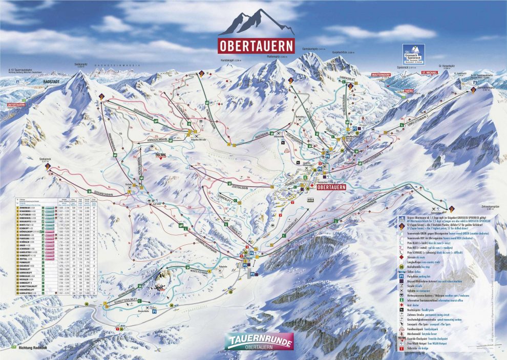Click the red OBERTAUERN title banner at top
tap(256, 45)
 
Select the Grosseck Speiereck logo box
tap(413, 53)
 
